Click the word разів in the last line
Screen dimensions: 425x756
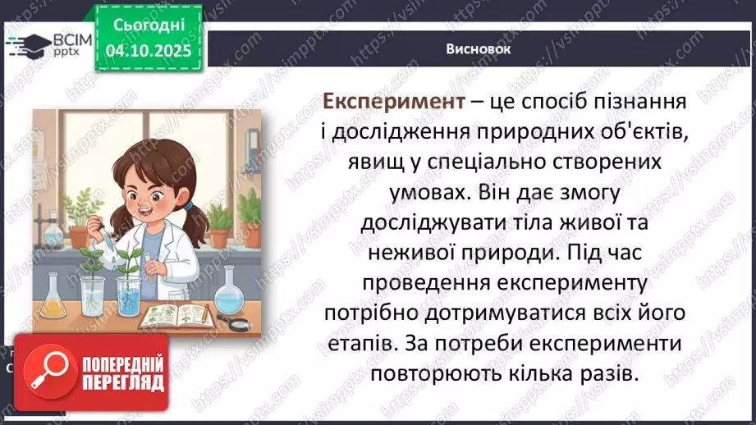point(609,374)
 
